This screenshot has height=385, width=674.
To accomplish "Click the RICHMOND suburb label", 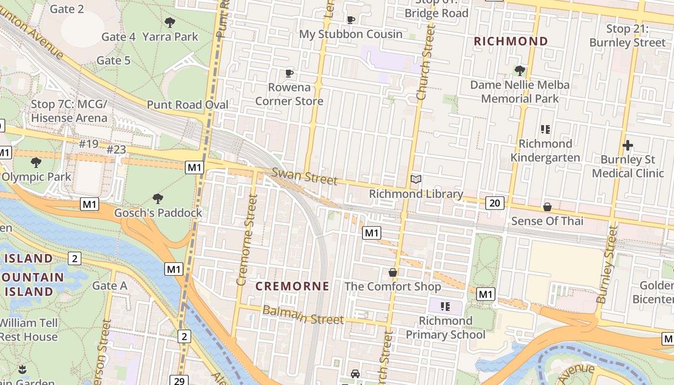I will click(x=511, y=41).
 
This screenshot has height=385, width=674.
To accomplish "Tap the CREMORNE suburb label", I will click(x=292, y=286).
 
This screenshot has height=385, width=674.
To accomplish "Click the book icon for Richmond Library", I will click(x=416, y=180).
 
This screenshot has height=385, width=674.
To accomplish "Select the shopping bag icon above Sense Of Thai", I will click(x=547, y=207).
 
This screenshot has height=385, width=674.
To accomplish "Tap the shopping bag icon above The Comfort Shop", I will click(x=393, y=272).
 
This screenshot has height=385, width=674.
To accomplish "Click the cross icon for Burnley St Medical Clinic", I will click(x=628, y=145).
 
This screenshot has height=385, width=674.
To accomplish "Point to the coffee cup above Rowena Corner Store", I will click(x=289, y=74).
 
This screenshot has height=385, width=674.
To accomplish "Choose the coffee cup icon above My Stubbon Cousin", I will click(x=351, y=20).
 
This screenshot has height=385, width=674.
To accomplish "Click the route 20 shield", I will click(x=494, y=203).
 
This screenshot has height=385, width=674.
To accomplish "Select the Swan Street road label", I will click(x=304, y=176).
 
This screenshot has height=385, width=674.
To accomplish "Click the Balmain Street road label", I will click(x=303, y=315).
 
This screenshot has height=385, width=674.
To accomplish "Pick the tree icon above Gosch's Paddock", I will click(x=157, y=198).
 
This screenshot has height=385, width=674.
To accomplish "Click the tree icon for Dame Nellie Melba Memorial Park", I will click(x=519, y=71).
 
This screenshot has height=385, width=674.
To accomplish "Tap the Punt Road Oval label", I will click(x=187, y=105).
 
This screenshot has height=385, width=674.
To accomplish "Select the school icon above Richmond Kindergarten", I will click(x=545, y=129).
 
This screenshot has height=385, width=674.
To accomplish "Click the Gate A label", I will click(x=110, y=286).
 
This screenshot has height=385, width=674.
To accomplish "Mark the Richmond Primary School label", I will click(x=445, y=328).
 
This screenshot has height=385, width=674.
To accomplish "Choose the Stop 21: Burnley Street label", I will click(x=627, y=36).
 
